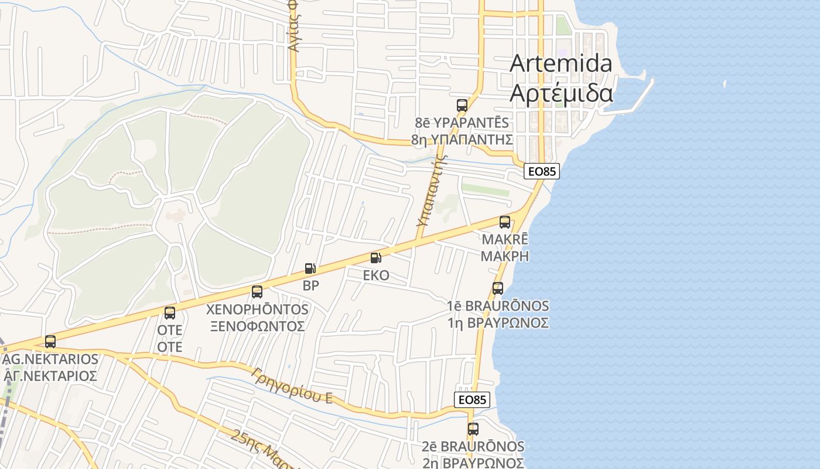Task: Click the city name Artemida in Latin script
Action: [x=561, y=63]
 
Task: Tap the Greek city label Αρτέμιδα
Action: [x=561, y=94]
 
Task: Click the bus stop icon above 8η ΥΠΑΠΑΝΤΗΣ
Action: [x=462, y=106]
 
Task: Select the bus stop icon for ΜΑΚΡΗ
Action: [x=505, y=222]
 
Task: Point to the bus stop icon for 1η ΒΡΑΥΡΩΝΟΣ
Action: [x=498, y=288]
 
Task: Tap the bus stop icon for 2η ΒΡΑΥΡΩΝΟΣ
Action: [x=473, y=429]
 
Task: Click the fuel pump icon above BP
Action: [x=310, y=269]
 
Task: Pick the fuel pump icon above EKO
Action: [x=376, y=258]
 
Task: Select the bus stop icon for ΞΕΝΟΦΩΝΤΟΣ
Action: [x=257, y=292]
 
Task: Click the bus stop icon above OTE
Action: [x=170, y=313]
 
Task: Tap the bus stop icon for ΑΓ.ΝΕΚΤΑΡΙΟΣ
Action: [x=50, y=341]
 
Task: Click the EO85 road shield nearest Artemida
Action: [x=542, y=171]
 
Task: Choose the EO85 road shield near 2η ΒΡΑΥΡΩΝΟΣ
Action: [x=471, y=400]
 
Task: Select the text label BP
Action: [x=310, y=286]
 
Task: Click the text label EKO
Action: [x=376, y=276]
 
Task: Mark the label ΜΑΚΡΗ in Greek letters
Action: [x=505, y=256]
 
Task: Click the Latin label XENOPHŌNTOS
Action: [x=258, y=310]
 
